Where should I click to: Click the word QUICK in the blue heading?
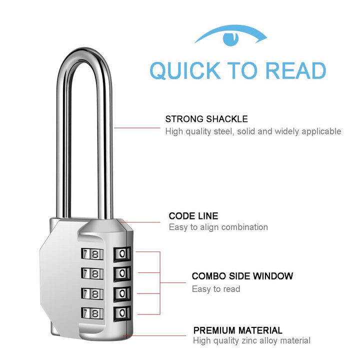(x=184, y=70)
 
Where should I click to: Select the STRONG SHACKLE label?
(x=206, y=119)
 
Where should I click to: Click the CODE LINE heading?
(x=193, y=216)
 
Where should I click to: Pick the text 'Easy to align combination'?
(x=218, y=227)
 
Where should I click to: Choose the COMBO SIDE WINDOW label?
(x=242, y=276)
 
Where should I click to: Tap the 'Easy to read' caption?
(x=216, y=289)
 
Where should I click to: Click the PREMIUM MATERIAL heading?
(x=237, y=330)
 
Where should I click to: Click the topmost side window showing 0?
(x=122, y=254)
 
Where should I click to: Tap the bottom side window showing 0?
(x=122, y=313)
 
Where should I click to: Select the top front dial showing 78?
(x=92, y=254)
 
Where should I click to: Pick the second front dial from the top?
(x=92, y=273)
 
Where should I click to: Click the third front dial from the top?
(x=92, y=293)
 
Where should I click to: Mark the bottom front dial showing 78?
(x=92, y=313)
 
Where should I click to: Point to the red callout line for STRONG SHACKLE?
(x=137, y=128)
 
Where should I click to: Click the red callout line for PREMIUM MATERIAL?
(x=154, y=335)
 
